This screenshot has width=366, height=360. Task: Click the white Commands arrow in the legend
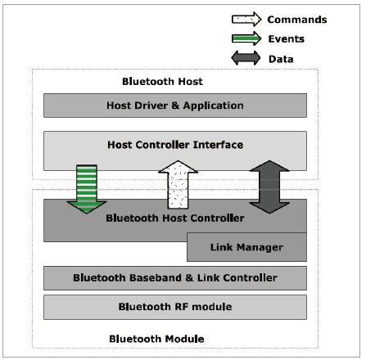pos(246,20)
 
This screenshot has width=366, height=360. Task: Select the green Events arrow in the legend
pos(246,38)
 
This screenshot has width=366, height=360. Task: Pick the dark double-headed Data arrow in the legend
pos(246,58)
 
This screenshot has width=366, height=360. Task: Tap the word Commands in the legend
pos(297,20)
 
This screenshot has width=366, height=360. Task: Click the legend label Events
pos(286,39)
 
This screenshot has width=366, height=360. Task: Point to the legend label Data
pos(281,59)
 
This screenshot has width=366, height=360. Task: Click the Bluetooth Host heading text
pos(162,82)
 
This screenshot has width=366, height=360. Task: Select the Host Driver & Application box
pos(175,106)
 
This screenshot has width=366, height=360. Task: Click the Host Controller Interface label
pos(175,145)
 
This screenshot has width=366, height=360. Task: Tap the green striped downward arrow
pos(87,189)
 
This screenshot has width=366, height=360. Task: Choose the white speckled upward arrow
pos(178,185)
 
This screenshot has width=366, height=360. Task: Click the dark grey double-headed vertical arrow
pos(269,187)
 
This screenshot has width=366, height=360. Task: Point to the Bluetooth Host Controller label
pos(175,218)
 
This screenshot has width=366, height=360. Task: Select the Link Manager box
pos(246,247)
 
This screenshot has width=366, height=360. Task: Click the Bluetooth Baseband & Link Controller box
pos(175,278)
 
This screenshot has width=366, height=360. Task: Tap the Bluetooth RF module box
pos(175,307)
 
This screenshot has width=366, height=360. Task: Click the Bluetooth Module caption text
pos(156,339)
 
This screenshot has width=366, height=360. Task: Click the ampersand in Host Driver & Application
pos(175,106)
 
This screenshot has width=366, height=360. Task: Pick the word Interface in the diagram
pos(218,145)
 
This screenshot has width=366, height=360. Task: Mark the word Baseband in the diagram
pos(156,278)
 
